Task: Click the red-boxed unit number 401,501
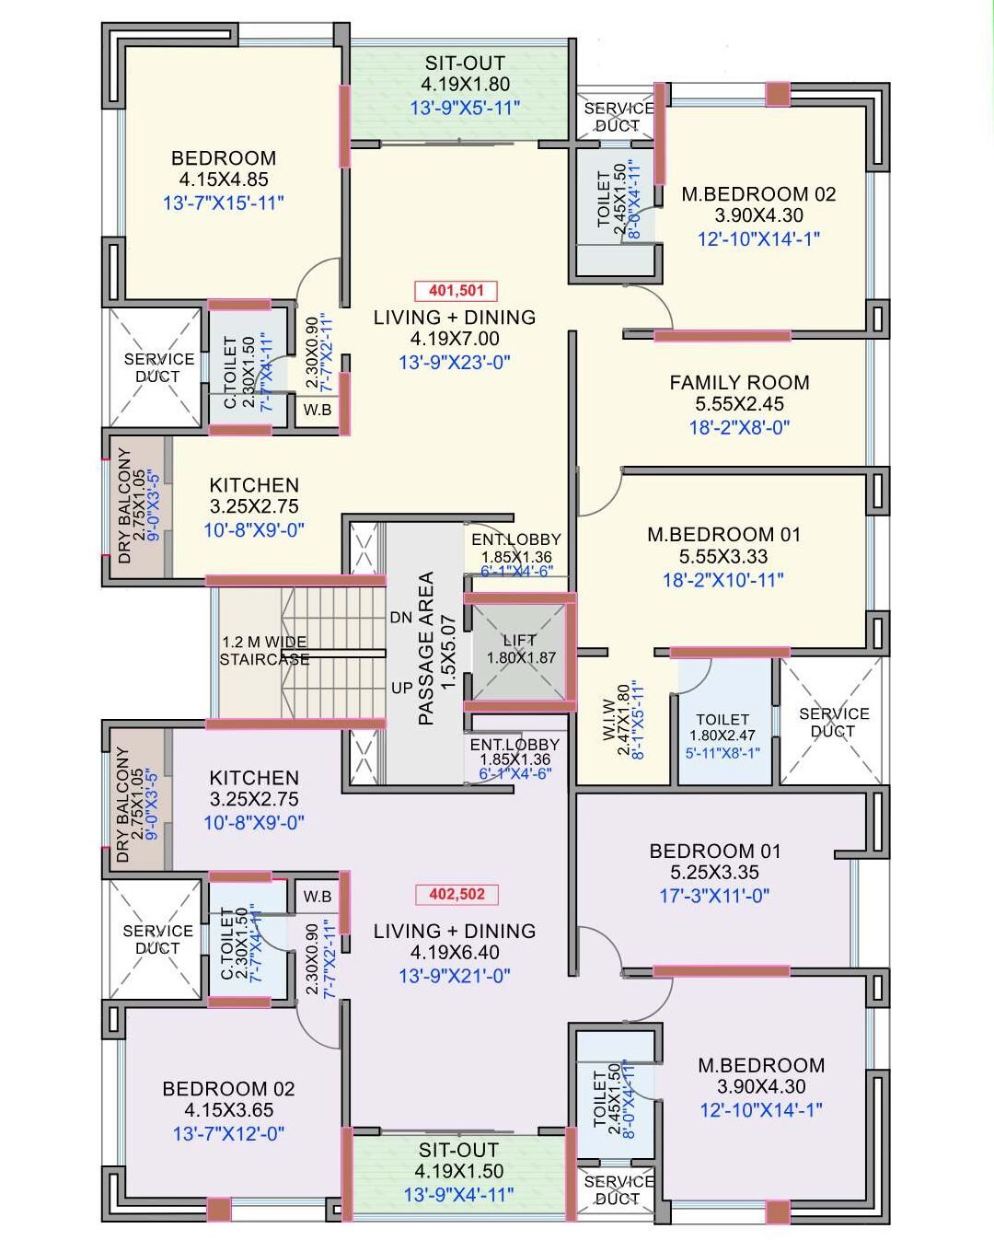click(456, 291)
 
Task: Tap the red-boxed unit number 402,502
click(456, 894)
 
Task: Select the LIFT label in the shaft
click(519, 640)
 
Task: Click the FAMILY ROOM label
click(739, 382)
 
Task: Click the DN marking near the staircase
click(400, 618)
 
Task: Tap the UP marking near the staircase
click(401, 688)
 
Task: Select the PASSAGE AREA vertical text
click(426, 649)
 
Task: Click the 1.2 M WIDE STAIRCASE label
click(264, 650)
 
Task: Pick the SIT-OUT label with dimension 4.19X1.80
click(465, 64)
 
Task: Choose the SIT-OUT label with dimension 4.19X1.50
click(458, 1150)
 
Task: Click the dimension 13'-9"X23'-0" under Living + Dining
click(455, 363)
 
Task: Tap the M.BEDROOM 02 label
click(758, 194)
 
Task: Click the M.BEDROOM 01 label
click(723, 535)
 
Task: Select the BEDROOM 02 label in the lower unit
click(228, 1089)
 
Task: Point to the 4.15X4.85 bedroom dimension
click(224, 180)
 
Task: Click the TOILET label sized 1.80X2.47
click(722, 719)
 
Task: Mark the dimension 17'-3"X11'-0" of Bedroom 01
click(714, 895)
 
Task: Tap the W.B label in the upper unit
click(318, 410)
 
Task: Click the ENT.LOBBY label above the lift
click(515, 539)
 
